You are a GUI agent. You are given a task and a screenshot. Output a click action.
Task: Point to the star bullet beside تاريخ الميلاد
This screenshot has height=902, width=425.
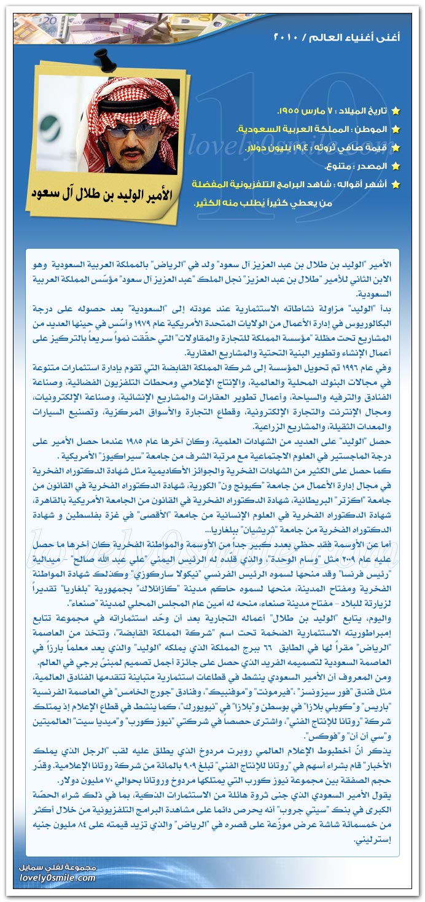pyautogui.click(x=396, y=111)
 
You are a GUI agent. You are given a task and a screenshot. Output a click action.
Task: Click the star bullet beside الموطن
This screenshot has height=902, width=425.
pyautogui.click(x=396, y=130)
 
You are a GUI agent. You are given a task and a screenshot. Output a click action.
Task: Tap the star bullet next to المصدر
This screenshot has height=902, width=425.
pyautogui.click(x=396, y=166)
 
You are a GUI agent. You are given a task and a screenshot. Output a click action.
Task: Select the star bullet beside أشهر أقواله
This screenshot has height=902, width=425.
pyautogui.click(x=396, y=184)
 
